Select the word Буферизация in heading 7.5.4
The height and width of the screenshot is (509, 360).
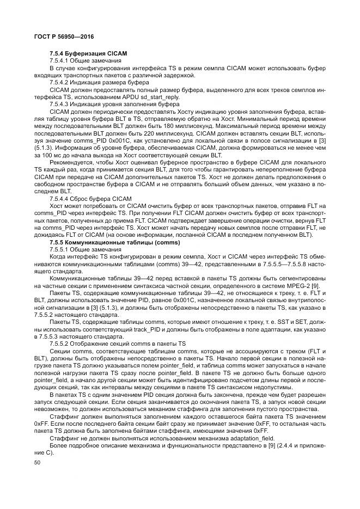click(82, 53)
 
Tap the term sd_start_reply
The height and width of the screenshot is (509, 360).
click(162, 96)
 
